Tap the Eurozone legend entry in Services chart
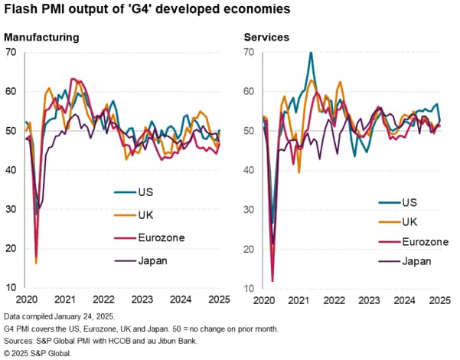click(426, 242)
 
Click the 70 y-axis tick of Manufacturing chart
click(11, 52)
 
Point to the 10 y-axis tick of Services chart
click(250, 287)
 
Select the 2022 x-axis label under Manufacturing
click(105, 299)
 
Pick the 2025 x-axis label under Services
click(439, 299)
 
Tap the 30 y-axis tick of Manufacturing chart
click(11, 209)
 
